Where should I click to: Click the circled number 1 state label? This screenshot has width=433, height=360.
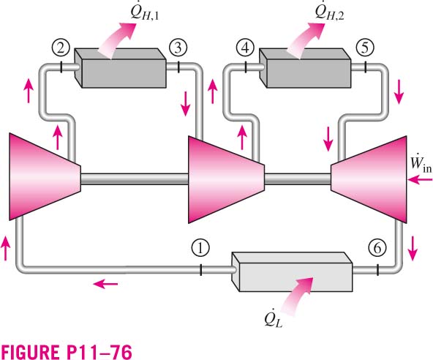point(200,247)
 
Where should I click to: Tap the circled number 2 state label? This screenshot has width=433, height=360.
point(61,48)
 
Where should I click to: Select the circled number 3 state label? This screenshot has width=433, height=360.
point(178,48)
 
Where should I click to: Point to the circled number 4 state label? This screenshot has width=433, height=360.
point(245,48)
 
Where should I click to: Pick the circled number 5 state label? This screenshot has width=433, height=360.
point(365,48)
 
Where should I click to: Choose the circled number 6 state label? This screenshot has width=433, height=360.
point(377,247)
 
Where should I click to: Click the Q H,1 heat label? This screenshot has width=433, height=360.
point(145,12)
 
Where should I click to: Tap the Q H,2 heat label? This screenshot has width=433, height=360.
point(329,12)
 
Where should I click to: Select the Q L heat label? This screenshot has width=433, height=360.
point(273,320)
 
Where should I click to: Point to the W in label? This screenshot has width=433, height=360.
point(421,164)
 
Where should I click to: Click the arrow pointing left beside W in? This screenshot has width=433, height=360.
point(420,180)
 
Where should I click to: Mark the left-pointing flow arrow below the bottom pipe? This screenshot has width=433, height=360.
point(105,284)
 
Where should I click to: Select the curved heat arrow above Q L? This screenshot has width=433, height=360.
point(297,296)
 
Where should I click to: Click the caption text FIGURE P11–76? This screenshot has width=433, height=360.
point(67,352)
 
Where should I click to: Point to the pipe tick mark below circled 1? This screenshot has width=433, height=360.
point(200,270)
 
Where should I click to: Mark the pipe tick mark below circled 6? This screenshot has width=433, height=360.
point(377,270)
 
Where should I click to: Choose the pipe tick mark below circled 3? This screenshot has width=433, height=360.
point(178,67)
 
